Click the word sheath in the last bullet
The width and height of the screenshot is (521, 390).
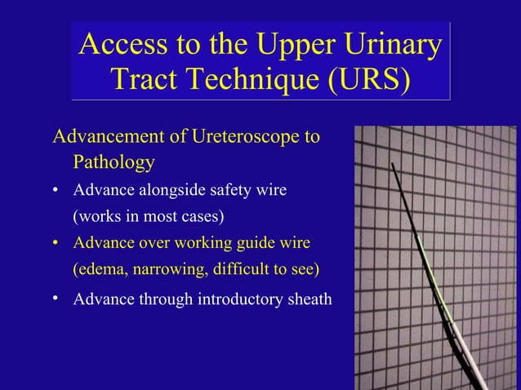(x=306, y=299)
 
